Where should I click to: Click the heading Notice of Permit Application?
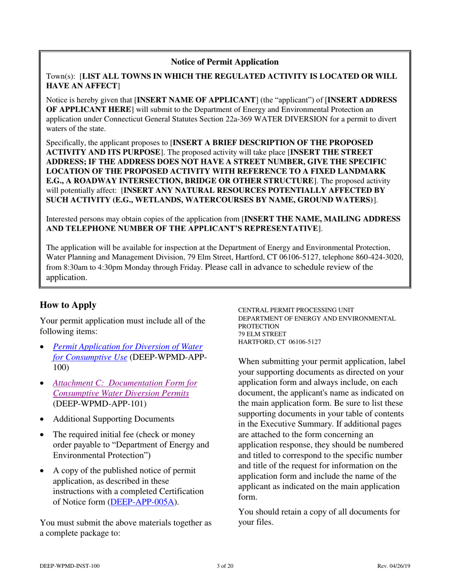click(x=225, y=62)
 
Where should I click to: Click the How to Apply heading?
click(x=68, y=305)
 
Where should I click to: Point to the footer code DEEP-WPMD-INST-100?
click(x=70, y=565)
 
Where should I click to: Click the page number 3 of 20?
click(x=225, y=565)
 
